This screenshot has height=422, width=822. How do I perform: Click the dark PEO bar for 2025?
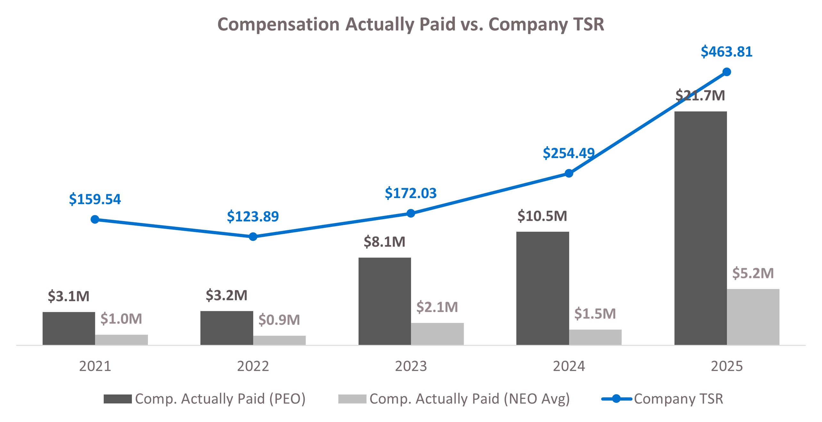tap(700, 228)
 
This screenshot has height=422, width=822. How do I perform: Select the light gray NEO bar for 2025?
tap(753, 317)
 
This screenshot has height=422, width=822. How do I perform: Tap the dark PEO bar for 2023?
tap(384, 301)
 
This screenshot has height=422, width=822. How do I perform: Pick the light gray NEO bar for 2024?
tap(595, 337)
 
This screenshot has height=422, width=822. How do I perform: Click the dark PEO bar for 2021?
tap(68, 328)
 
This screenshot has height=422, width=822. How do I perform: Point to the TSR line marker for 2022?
tap(253, 237)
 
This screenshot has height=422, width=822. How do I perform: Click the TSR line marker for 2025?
tap(727, 72)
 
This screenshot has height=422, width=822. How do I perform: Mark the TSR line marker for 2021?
tap(95, 219)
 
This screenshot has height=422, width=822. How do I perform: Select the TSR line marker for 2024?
tap(569, 173)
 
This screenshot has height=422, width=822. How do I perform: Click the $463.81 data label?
tap(726, 52)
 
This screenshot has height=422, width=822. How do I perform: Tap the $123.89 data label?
tap(253, 217)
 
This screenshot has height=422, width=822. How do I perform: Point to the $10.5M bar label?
tap(542, 216)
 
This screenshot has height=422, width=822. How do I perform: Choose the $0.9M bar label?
tap(279, 320)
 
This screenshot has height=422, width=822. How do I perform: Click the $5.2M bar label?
tap(753, 273)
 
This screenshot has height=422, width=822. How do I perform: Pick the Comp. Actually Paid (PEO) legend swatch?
tap(117, 399)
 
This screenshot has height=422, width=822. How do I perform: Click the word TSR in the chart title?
tap(589, 24)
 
